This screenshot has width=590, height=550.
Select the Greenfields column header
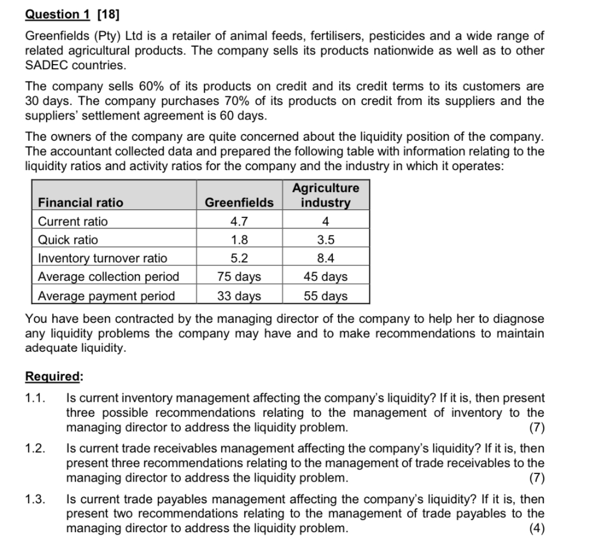(239, 202)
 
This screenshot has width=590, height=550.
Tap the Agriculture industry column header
(326, 195)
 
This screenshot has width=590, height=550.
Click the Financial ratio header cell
(80, 202)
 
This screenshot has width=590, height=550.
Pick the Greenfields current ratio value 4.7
(239, 221)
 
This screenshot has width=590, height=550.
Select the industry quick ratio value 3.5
(326, 239)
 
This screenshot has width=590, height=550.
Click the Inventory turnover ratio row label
(103, 258)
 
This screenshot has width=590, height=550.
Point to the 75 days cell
(239, 276)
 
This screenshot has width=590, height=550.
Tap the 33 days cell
(239, 296)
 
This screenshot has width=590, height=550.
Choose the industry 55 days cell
(326, 296)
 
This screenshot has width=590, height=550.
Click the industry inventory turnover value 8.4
(326, 258)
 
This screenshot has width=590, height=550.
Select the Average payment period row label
(106, 296)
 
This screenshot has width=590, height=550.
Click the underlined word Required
(54, 376)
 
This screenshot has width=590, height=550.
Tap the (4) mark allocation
(536, 528)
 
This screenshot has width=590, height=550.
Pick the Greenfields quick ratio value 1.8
(239, 239)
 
